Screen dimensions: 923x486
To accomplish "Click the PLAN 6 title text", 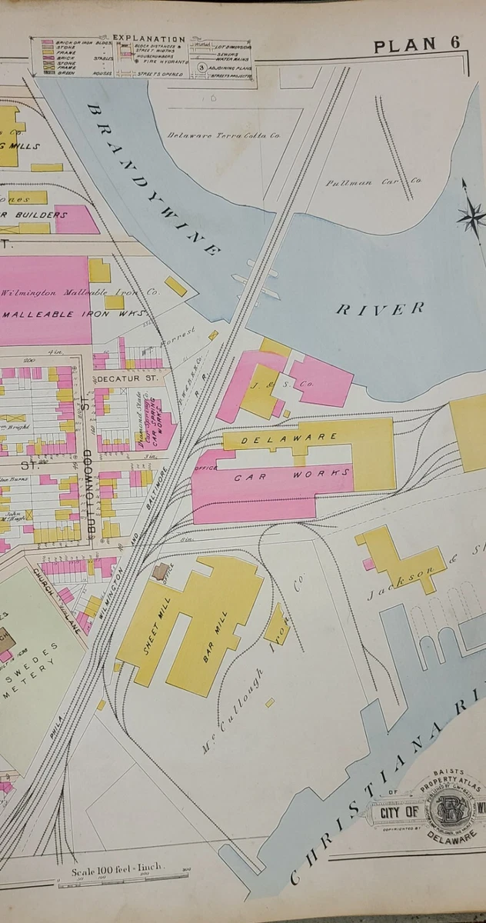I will click(x=416, y=45).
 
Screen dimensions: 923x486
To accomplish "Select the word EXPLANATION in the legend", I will click(x=149, y=38).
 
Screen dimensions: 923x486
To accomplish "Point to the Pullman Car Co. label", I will click(x=374, y=182).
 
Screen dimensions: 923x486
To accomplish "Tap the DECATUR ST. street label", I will click(x=127, y=378).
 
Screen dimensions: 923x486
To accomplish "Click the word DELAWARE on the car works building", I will click(x=290, y=438).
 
